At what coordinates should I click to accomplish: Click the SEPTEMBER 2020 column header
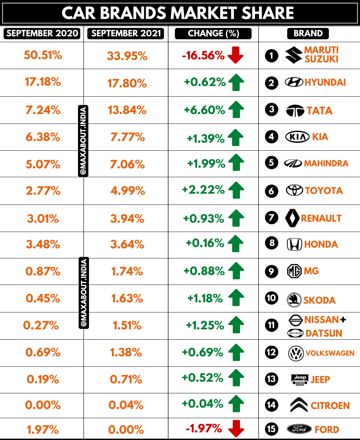[42, 33]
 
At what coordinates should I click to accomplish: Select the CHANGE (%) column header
[213, 33]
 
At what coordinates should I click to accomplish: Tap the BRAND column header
[308, 33]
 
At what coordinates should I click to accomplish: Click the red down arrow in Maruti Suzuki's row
[236, 55]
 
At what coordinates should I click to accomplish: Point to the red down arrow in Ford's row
[236, 428]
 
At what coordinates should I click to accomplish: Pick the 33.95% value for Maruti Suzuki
[127, 56]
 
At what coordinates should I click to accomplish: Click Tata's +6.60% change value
[204, 110]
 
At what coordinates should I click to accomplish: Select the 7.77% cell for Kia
[127, 137]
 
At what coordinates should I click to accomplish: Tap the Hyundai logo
[294, 82]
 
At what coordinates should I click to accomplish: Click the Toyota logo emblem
[294, 190]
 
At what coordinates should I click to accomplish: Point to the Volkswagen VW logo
[296, 353]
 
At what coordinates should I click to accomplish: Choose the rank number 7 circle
[271, 218]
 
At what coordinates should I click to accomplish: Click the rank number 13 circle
[271, 379]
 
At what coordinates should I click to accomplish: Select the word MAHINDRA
[326, 163]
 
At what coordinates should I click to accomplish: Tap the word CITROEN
[330, 406]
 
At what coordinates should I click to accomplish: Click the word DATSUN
[324, 333]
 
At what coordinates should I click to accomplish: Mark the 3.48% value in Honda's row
[43, 244]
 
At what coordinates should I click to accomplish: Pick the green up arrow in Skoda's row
[236, 297]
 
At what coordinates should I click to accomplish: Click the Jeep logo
[300, 380]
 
